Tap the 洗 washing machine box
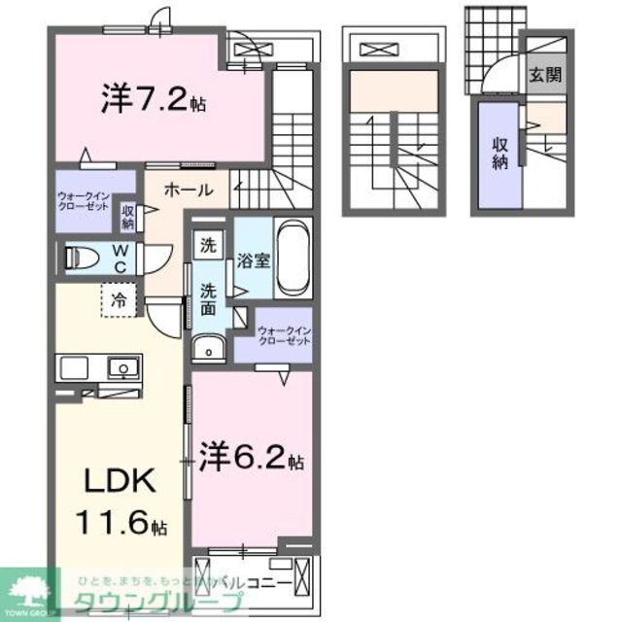(x=208, y=247)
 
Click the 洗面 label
(x=209, y=299)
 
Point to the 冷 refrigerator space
(x=117, y=299)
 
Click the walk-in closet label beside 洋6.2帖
(x=284, y=337)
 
